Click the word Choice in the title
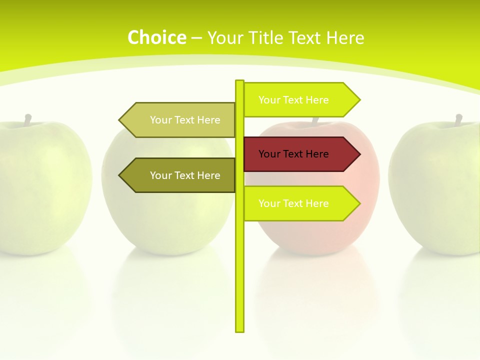click(156, 37)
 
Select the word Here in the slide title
click(344, 37)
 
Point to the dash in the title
click(196, 38)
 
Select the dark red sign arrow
click(300, 154)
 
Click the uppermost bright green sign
click(300, 100)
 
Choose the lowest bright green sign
click(300, 203)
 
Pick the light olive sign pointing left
click(180, 120)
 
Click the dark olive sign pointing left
click(180, 175)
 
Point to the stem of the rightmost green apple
click(458, 120)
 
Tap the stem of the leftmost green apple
click(28, 119)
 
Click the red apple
click(320, 230)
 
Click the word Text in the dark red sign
click(293, 154)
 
